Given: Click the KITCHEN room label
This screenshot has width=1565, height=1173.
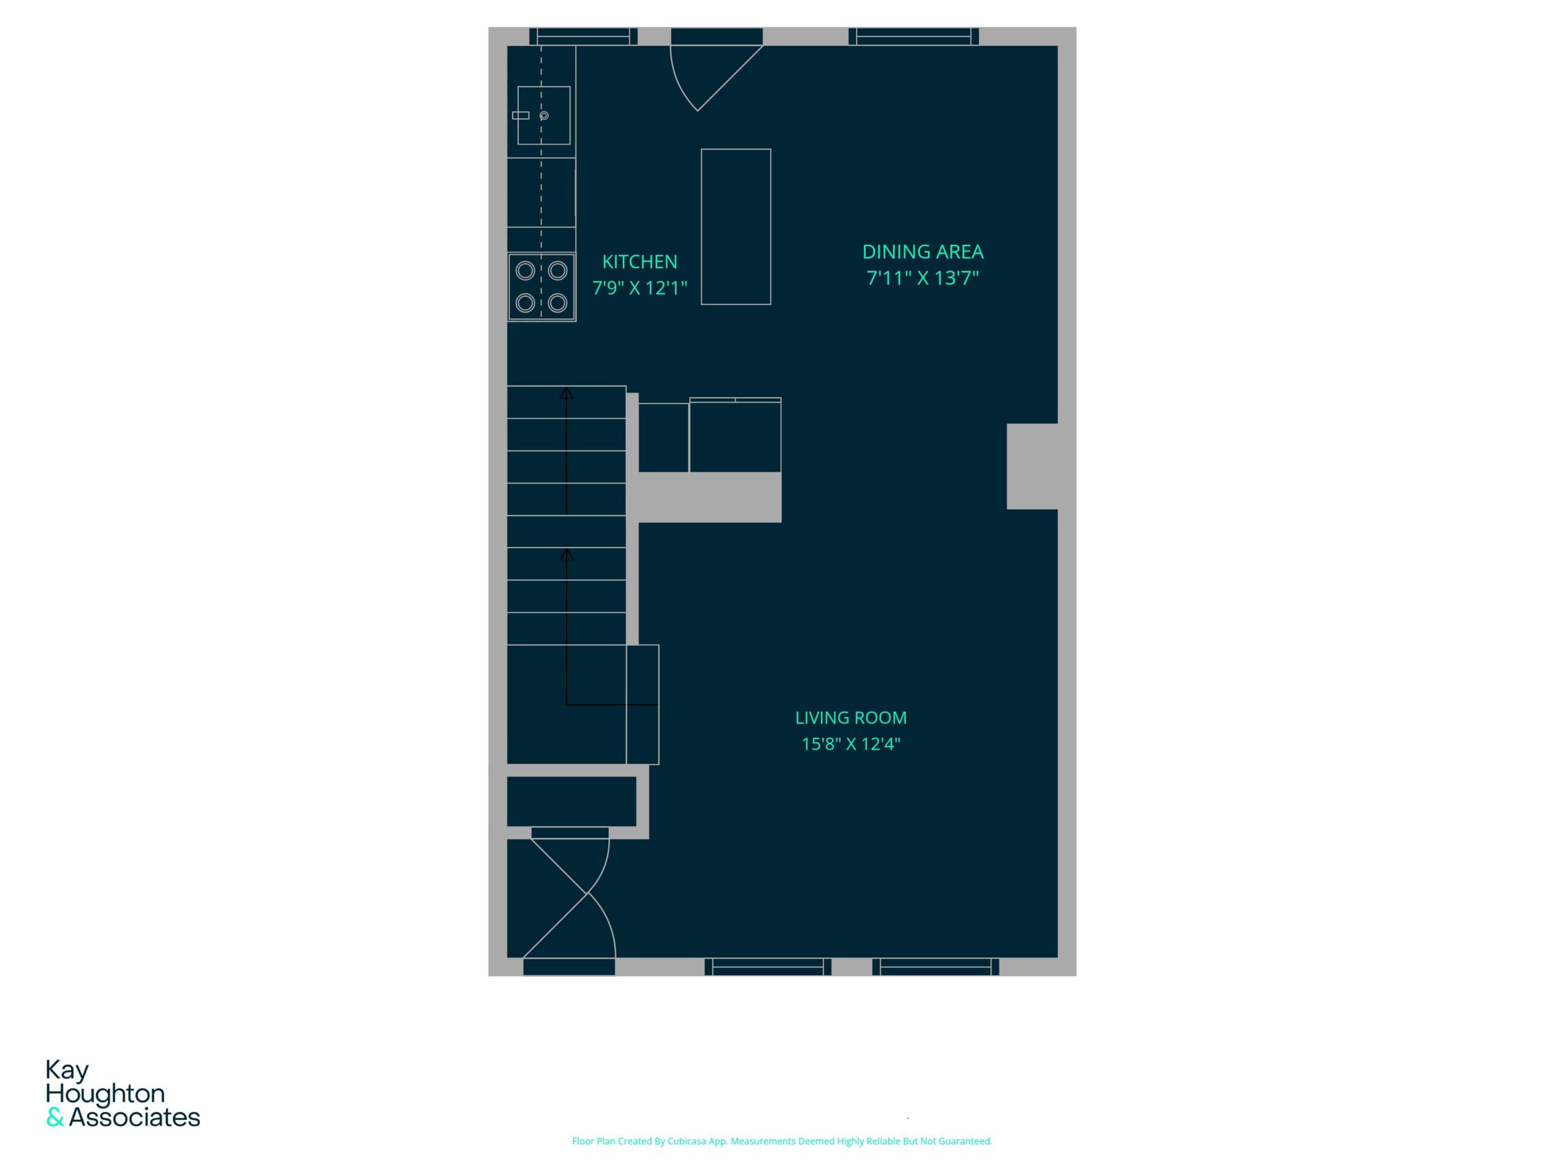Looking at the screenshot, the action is coord(639,261).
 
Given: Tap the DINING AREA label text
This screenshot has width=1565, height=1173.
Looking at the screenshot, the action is coord(922,252).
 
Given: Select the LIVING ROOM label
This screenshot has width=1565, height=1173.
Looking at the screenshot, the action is coord(850,718).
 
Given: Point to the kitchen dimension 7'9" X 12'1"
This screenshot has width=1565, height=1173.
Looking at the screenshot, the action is coord(639,288).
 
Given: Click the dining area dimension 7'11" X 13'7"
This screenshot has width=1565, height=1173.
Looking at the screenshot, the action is coord(922,278).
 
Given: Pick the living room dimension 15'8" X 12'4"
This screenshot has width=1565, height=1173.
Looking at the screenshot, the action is coord(850,744).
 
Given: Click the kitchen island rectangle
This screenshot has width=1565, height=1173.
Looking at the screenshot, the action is coord(736,227).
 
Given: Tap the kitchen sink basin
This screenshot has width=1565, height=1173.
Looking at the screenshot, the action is coord(544,115).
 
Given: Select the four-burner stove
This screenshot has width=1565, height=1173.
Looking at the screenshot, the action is coord(541,287).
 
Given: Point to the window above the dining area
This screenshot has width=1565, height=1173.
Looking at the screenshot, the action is coord(914,36).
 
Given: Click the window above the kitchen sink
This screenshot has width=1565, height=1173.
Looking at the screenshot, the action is coord(583,36).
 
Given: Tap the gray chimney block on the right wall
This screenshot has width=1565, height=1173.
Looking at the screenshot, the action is coord(1033,467).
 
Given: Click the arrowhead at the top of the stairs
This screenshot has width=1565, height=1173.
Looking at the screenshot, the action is coord(566,392).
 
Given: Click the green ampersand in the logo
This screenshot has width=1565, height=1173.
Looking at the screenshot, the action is coord(55,1118).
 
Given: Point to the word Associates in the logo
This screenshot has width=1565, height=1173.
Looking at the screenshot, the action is coord(134,1118).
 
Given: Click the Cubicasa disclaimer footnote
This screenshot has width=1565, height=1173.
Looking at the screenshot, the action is coord(782,1141).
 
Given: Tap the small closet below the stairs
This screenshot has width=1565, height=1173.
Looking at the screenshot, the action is coord(572,801).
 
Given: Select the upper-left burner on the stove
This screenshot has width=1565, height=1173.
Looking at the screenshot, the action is coord(525,270).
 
